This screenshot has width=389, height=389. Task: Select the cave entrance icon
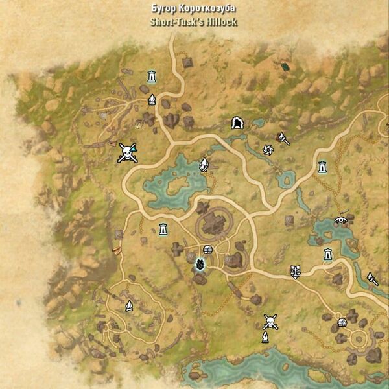[237, 123]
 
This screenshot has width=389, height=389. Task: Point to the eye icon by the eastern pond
[340, 220]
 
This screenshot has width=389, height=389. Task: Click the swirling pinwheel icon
[268, 150]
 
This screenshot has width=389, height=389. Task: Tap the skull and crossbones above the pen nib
[270, 322]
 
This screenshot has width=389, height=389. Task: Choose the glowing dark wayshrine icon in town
[200, 265]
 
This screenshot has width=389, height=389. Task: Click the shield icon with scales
[296, 272]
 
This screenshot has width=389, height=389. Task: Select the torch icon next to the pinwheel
[283, 138]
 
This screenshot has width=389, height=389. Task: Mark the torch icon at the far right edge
[373, 279]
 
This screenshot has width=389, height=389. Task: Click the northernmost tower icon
[152, 75]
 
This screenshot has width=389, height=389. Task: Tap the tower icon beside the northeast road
[322, 167]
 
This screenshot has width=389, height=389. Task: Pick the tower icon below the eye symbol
[328, 253]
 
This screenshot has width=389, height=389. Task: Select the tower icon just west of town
[163, 228]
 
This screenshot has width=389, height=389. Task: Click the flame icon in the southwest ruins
[129, 305]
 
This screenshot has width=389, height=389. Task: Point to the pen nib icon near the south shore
[265, 337]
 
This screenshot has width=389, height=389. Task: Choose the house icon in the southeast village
[342, 323]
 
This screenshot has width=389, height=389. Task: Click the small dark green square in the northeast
[285, 66]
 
